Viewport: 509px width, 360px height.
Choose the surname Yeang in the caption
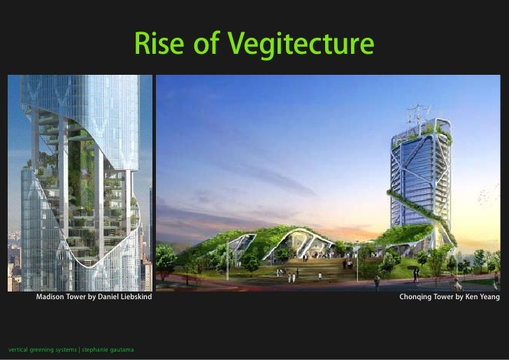487,298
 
